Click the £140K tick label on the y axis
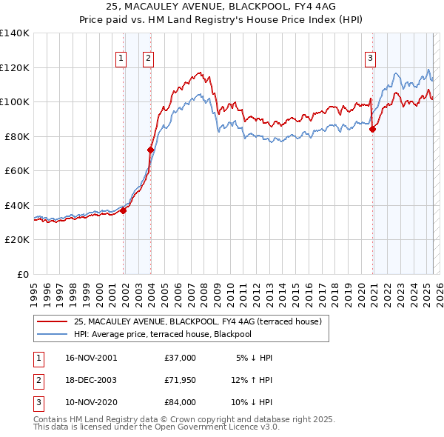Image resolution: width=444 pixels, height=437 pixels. coord(15,33)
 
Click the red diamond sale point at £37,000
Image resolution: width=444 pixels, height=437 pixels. coord(124,210)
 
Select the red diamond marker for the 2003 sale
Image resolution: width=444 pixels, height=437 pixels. coord(150,150)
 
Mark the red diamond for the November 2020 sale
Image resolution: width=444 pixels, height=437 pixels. coord(372,130)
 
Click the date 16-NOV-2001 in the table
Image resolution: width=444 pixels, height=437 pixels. coord(92,358)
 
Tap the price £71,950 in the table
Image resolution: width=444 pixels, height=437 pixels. coord(180,380)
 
